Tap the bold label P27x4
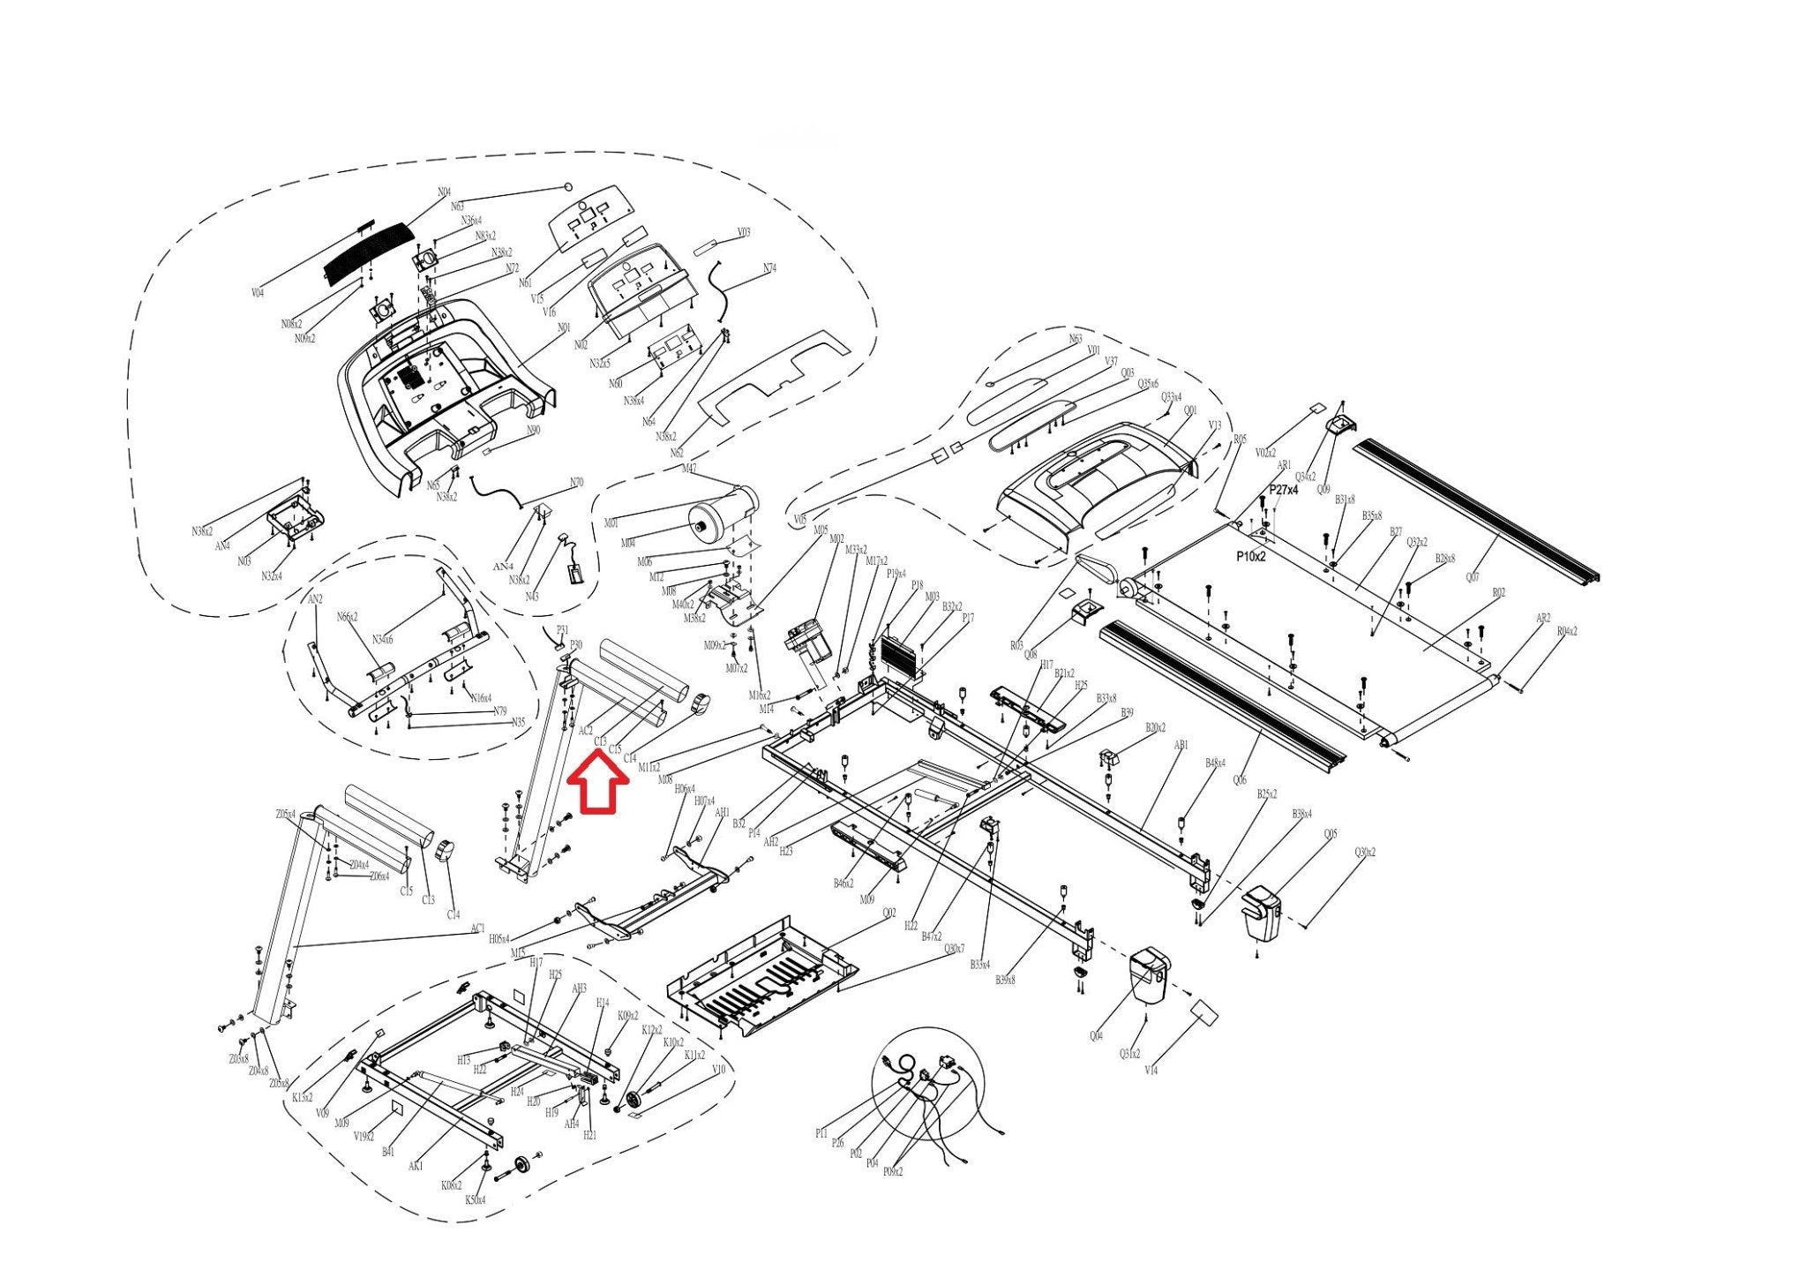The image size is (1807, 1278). (1283, 490)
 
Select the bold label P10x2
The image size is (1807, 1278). (1250, 557)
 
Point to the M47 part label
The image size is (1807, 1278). (689, 469)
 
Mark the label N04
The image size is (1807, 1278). (444, 192)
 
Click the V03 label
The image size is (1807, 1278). (744, 233)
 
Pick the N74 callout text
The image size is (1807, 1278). (769, 268)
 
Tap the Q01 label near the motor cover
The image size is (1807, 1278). (1190, 411)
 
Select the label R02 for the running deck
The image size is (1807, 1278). (1498, 593)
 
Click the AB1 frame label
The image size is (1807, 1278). (1181, 746)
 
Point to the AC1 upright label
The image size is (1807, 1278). (477, 928)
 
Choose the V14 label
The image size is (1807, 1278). (1151, 1071)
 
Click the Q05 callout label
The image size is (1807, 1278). (1330, 834)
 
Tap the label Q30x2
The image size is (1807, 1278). (1365, 853)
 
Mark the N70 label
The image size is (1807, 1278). (576, 483)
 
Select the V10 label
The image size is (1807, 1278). (718, 1070)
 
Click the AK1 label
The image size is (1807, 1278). (416, 1166)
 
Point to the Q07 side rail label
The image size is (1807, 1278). (1473, 578)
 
